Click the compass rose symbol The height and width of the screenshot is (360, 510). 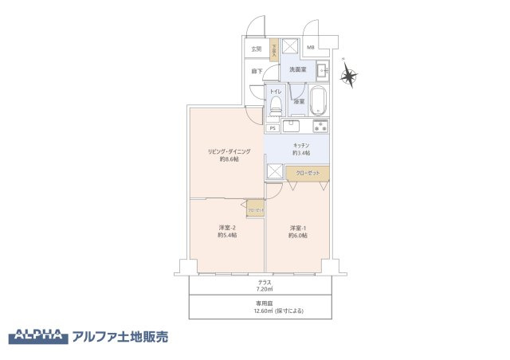click(348, 76)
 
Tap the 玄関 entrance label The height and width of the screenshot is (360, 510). click(256, 49)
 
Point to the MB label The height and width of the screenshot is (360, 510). click(311, 48)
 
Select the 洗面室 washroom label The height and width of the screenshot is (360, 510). click(298, 70)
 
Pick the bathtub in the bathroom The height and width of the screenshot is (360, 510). click(318, 101)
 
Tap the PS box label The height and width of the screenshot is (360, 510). click(273, 128)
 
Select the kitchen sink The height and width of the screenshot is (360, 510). click(292, 125)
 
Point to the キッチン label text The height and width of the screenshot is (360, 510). click(300, 144)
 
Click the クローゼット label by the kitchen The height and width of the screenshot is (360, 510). click(308, 172)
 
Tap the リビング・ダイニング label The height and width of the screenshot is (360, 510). click(229, 151)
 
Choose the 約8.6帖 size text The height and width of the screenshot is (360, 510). click(229, 159)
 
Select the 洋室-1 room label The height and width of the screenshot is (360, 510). click(298, 226)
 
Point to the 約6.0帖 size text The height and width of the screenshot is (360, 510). click(298, 235)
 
